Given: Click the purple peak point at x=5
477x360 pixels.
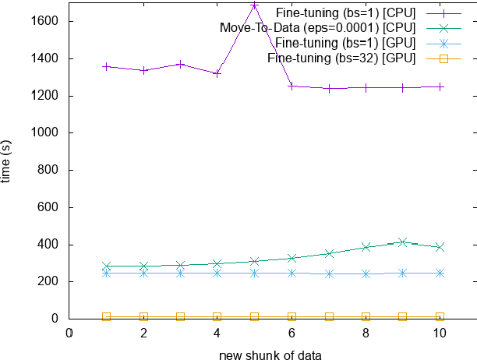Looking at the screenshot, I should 255,5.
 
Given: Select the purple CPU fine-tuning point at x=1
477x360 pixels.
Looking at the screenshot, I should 106,66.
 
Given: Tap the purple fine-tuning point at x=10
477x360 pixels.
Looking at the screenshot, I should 440,86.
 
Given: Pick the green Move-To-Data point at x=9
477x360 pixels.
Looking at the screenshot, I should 403,242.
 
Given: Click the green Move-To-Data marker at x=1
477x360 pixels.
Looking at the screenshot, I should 106,266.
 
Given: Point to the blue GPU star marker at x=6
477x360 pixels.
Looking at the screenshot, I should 291,273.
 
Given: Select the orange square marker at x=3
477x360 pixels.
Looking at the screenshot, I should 180,316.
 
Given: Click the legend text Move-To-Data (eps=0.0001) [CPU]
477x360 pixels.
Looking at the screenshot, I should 317,28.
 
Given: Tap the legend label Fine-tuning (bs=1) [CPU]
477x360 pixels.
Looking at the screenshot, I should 346,13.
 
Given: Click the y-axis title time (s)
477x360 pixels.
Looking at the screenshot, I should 7,162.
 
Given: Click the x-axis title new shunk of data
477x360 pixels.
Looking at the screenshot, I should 269,353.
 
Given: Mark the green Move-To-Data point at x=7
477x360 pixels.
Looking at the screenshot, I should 329,253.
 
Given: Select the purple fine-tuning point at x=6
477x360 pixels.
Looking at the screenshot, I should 291,86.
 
